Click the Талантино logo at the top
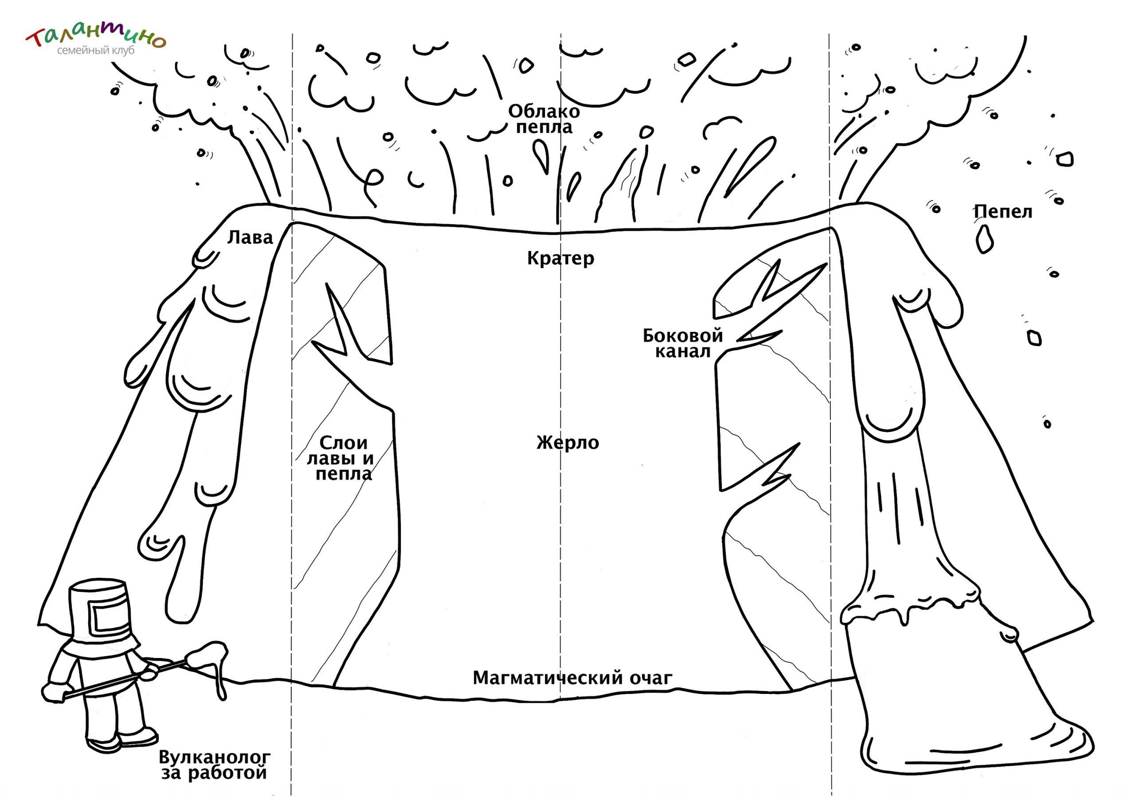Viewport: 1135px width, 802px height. pos(95,39)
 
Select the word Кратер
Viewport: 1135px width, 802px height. pos(560,258)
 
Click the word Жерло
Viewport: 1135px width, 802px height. pos(567,443)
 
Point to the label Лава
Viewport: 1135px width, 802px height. pos(250,238)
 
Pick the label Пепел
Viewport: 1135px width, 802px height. pos(1003,211)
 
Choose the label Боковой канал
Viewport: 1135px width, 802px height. pos(683,343)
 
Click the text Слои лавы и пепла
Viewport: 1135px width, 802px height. pos(340,458)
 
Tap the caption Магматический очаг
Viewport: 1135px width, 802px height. pos(572,678)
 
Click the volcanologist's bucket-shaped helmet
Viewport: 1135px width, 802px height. pos(100,613)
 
